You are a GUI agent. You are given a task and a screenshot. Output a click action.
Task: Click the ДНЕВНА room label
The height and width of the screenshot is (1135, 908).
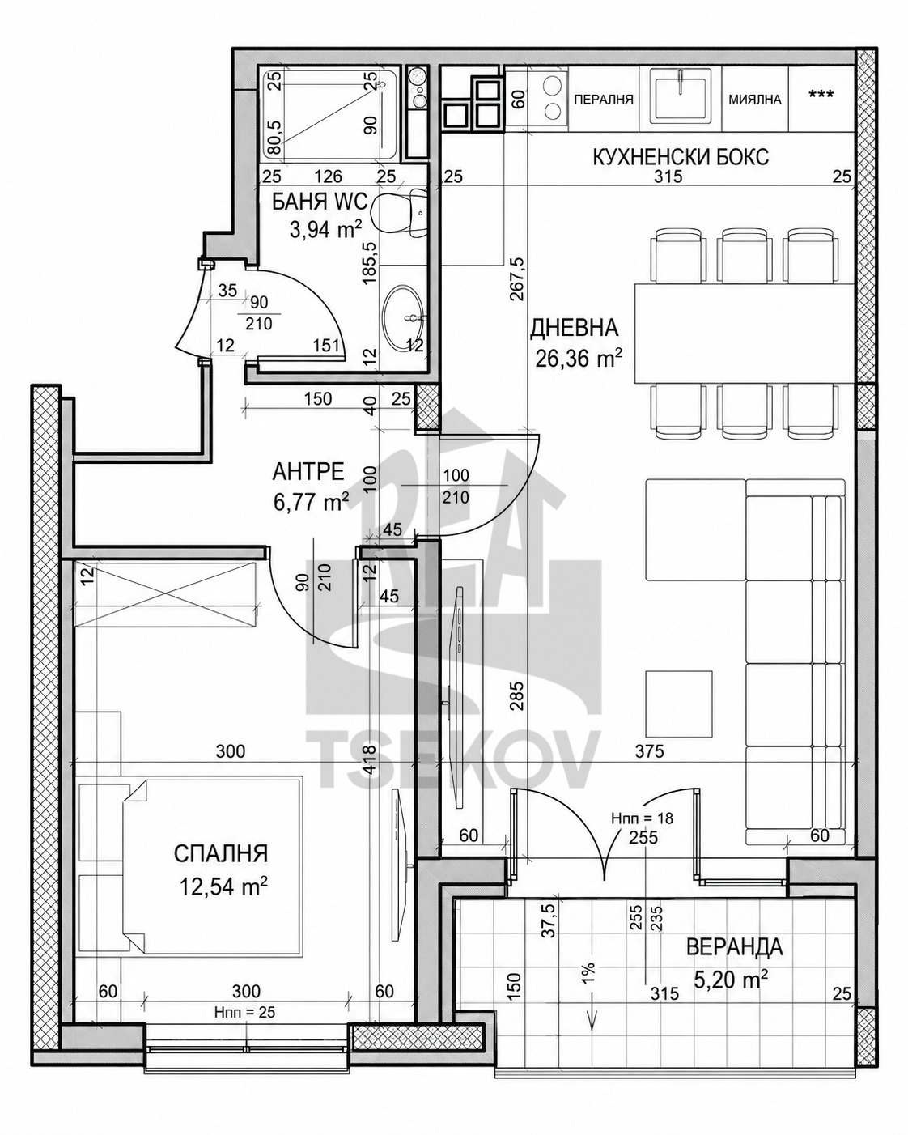(574, 328)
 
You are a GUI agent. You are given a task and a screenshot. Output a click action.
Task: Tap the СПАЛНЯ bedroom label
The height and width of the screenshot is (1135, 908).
(221, 853)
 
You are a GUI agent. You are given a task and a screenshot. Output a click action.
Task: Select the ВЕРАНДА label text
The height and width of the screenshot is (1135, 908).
(735, 932)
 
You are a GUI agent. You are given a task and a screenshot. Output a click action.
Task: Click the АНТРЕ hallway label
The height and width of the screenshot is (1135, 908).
(308, 471)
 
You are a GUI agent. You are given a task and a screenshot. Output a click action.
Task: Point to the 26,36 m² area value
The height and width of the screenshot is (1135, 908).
(579, 359)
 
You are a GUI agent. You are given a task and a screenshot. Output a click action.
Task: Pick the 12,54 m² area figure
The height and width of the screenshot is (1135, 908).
(223, 886)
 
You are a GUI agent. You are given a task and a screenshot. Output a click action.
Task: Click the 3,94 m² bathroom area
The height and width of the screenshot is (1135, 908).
(326, 229)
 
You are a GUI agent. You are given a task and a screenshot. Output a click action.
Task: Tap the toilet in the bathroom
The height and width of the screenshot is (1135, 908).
(399, 211)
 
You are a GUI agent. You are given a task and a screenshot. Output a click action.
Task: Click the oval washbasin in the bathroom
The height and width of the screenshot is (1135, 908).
(403, 315)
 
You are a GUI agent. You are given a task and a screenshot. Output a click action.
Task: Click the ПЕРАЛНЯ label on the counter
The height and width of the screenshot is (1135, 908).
(603, 99)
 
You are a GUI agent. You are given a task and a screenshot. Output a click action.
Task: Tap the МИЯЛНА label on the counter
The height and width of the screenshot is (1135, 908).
(755, 99)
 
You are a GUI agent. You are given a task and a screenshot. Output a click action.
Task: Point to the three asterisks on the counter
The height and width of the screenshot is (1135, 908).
(821, 95)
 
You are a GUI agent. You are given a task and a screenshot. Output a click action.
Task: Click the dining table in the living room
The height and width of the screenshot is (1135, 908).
(744, 334)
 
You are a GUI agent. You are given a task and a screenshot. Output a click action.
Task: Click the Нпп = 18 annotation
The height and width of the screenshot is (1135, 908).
(643, 818)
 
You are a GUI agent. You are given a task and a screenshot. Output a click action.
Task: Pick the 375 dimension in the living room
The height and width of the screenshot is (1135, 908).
(649, 751)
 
